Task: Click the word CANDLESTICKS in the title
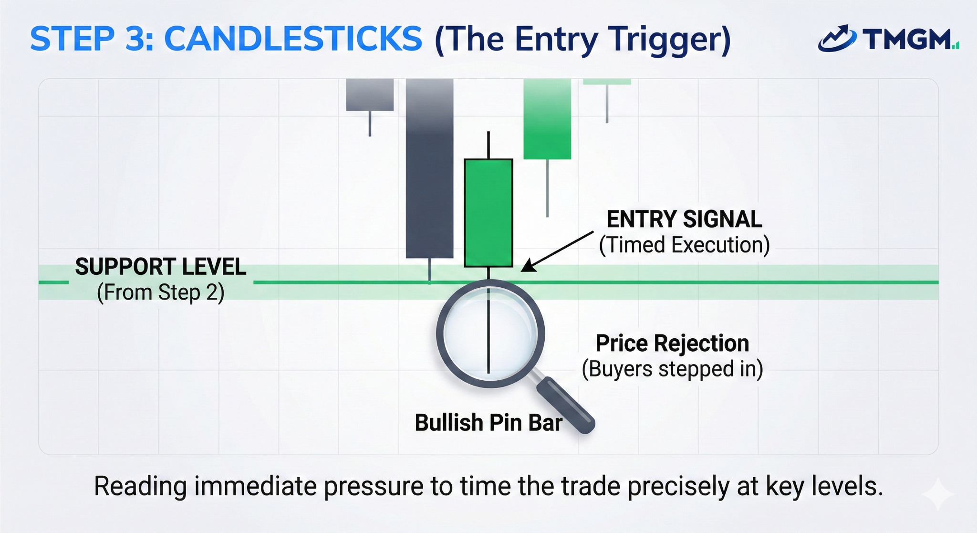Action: tap(293, 39)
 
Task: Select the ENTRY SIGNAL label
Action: tap(684, 219)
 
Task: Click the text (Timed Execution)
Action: tap(684, 245)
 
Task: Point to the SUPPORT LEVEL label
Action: tap(160, 267)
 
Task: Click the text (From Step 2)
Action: tap(160, 293)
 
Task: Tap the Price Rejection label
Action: tap(672, 344)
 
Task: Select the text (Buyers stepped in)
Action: tap(672, 369)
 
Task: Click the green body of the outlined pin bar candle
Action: tap(488, 213)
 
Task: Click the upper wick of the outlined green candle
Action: tap(488, 145)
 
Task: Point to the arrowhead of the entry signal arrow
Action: tap(527, 267)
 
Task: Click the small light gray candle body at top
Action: tap(370, 94)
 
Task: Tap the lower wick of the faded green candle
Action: tap(547, 188)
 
